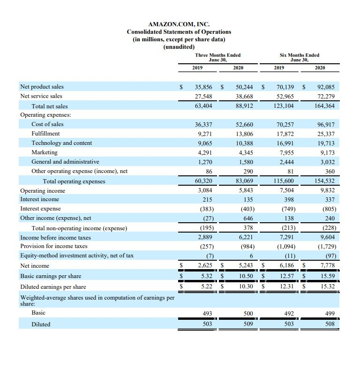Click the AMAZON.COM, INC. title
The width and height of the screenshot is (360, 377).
[179, 24]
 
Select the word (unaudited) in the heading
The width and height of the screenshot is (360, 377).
[179, 46]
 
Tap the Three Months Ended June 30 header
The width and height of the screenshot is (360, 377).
[217, 57]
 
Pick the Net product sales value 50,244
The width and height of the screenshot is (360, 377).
[244, 87]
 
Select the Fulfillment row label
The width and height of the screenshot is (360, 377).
[45, 134]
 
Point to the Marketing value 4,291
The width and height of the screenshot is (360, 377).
[204, 152]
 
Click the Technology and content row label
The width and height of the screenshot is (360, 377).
[61, 143]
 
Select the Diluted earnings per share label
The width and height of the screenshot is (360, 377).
[53, 287]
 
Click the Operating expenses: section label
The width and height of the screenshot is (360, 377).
[45, 115]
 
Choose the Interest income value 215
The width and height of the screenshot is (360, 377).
[206, 200]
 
